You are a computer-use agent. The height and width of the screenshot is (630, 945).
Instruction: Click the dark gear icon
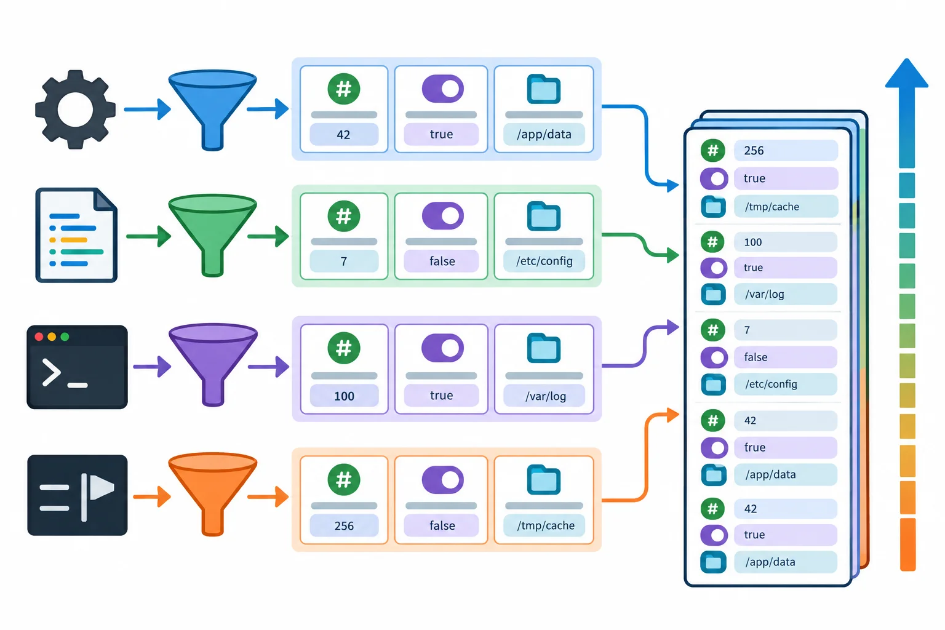[75, 110]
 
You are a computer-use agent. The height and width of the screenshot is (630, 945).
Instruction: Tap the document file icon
[76, 235]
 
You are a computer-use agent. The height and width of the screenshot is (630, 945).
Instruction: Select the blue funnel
[213, 110]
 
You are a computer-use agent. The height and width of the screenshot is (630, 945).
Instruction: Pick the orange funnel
[213, 494]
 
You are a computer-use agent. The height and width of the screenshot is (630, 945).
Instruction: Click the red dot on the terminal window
[39, 337]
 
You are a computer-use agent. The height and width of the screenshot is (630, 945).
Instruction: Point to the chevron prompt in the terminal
[52, 373]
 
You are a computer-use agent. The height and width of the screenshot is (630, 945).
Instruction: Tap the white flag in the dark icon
[102, 487]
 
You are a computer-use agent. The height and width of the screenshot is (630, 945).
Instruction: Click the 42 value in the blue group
[343, 135]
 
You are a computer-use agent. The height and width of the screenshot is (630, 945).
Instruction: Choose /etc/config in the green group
[544, 261]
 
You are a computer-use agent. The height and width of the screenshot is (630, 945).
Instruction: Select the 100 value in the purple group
[344, 396]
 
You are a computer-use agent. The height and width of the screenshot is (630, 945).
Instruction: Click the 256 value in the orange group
[344, 526]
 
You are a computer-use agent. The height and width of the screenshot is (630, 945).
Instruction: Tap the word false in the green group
[442, 261]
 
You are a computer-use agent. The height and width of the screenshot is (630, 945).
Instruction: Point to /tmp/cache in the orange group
[546, 525]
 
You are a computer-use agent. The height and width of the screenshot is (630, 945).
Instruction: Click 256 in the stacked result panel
[754, 151]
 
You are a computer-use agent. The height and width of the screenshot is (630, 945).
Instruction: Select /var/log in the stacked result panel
[765, 294]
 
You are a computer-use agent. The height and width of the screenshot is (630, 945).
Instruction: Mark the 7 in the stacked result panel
[747, 330]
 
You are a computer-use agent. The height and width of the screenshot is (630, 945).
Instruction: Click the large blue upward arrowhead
[907, 73]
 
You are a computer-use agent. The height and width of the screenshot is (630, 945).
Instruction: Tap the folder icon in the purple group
[544, 348]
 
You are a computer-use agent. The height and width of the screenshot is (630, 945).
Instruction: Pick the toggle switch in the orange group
[442, 480]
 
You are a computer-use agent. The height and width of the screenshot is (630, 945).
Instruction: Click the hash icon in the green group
[344, 216]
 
